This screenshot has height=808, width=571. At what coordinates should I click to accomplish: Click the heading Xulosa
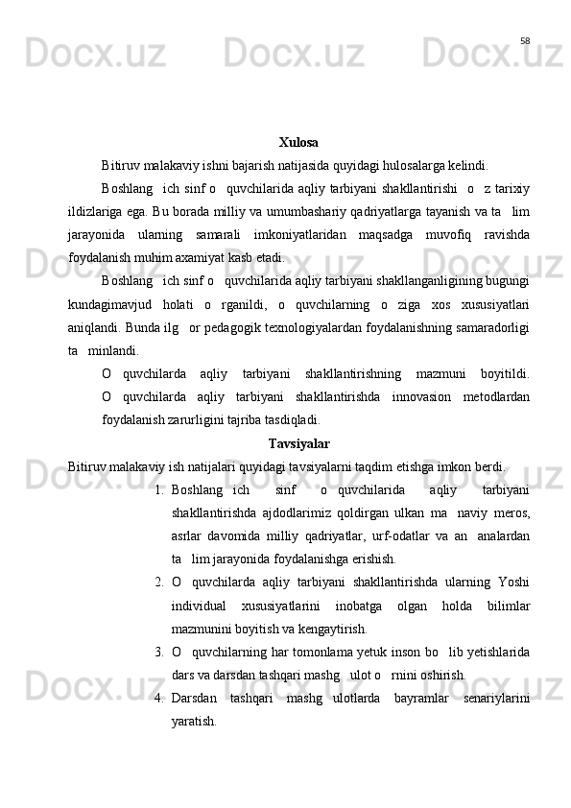click(298, 143)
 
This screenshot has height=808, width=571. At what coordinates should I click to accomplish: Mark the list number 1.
click(157, 465)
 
